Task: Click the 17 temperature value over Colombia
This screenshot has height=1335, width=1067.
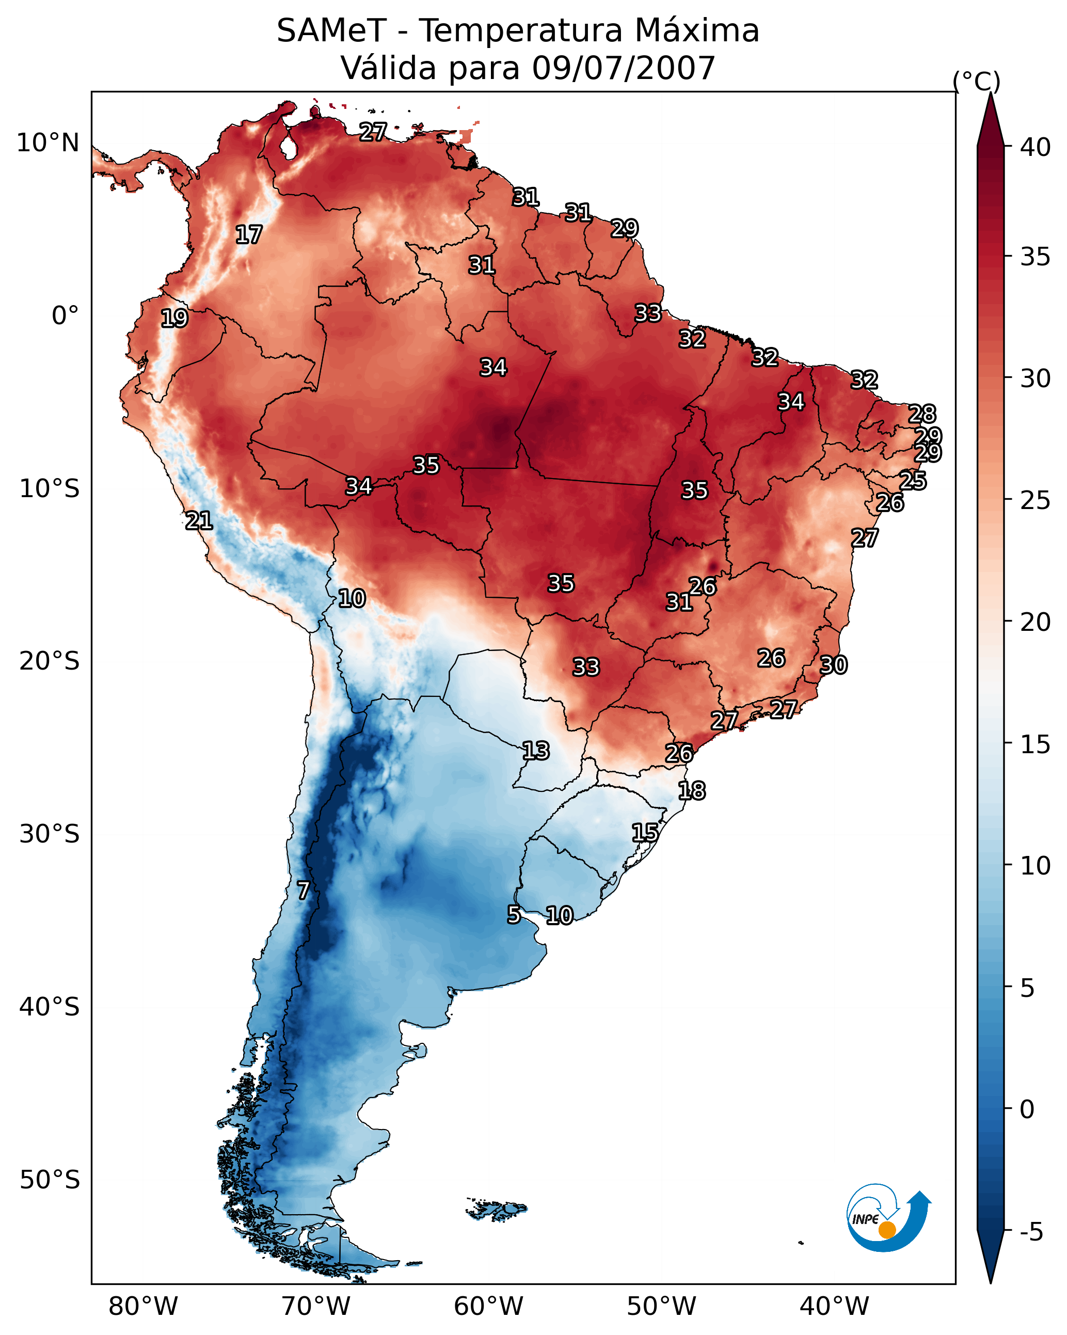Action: [x=248, y=235]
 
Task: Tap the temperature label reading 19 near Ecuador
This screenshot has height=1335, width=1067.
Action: [x=174, y=319]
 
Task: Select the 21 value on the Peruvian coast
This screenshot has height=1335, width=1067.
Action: [x=199, y=521]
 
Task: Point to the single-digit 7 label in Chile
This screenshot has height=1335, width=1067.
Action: [x=303, y=891]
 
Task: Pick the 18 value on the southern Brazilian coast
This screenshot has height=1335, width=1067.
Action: [x=692, y=791]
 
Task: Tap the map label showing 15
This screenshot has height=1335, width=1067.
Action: [x=645, y=832]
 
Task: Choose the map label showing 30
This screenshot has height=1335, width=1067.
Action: [x=834, y=665]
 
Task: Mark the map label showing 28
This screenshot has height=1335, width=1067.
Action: [x=922, y=414]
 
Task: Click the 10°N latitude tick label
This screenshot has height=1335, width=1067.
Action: [x=47, y=143]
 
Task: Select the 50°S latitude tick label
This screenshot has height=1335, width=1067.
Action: [x=50, y=1180]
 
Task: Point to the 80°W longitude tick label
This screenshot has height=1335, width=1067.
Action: [x=143, y=1307]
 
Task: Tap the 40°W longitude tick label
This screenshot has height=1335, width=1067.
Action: [x=834, y=1307]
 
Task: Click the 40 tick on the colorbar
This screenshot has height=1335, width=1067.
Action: [x=1036, y=147]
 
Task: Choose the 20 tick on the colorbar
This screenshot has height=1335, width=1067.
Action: [x=1036, y=622]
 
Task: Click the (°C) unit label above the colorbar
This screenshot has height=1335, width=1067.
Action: [x=976, y=81]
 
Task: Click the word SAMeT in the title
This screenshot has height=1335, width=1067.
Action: [x=331, y=30]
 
